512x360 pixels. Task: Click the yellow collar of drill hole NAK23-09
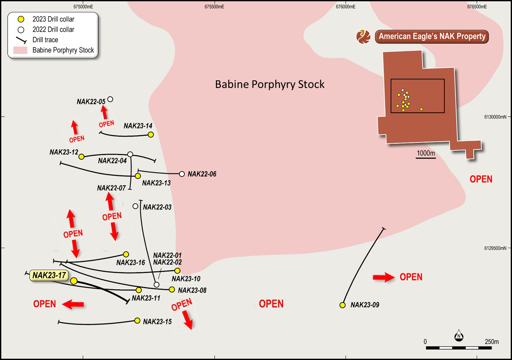(x=342, y=305)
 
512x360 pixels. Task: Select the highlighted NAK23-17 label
(x=49, y=275)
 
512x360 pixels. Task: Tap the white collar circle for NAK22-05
(x=110, y=99)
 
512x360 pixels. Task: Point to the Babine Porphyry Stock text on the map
(x=269, y=84)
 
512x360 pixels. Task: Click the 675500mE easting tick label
(x=214, y=7)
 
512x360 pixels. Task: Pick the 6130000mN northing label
(x=495, y=117)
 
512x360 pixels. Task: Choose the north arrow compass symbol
(x=459, y=336)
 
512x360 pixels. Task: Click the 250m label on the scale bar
(x=492, y=342)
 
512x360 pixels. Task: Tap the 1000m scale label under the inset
(x=426, y=153)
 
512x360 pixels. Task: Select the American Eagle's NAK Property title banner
(x=432, y=36)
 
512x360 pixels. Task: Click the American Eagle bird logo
(x=364, y=36)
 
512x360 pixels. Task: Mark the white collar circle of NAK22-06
(x=182, y=174)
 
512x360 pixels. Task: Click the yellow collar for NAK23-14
(x=151, y=135)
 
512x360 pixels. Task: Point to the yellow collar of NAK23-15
(x=137, y=321)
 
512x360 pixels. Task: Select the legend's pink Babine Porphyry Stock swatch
(x=20, y=50)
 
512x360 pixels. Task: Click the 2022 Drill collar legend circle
(x=21, y=30)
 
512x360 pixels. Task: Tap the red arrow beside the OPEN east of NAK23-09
(x=384, y=277)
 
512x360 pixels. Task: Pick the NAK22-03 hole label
(x=157, y=207)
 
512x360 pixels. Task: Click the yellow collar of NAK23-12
(x=82, y=156)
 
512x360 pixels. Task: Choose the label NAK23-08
(x=192, y=291)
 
